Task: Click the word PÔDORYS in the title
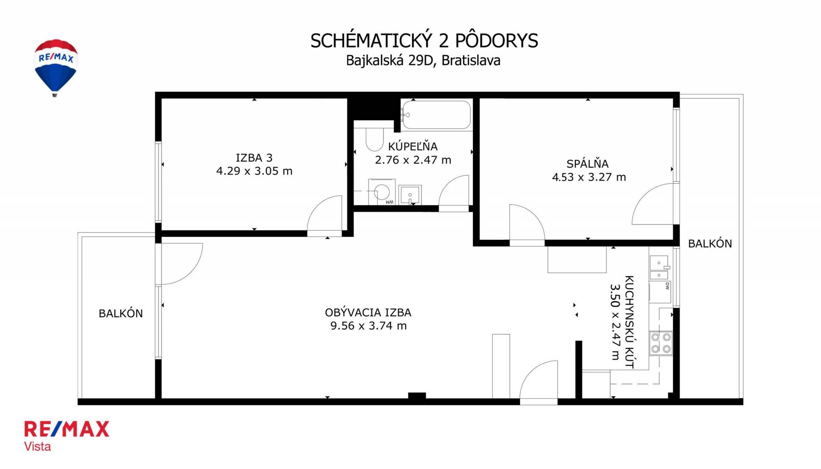point(496,41)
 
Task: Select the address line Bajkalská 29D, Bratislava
point(423,61)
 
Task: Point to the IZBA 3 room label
point(254,158)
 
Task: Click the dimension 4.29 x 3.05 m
point(254,171)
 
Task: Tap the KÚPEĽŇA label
point(413,146)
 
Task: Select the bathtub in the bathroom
point(436,115)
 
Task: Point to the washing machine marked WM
point(381,192)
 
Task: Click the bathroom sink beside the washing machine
point(410,195)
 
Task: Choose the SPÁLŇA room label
point(588,163)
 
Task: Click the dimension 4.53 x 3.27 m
point(589,177)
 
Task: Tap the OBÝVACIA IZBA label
point(368,313)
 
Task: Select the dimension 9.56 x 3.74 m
point(368,326)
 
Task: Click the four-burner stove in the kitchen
point(661,343)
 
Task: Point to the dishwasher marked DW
point(660,292)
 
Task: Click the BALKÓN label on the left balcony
point(121,313)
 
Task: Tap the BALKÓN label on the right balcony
point(710,244)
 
